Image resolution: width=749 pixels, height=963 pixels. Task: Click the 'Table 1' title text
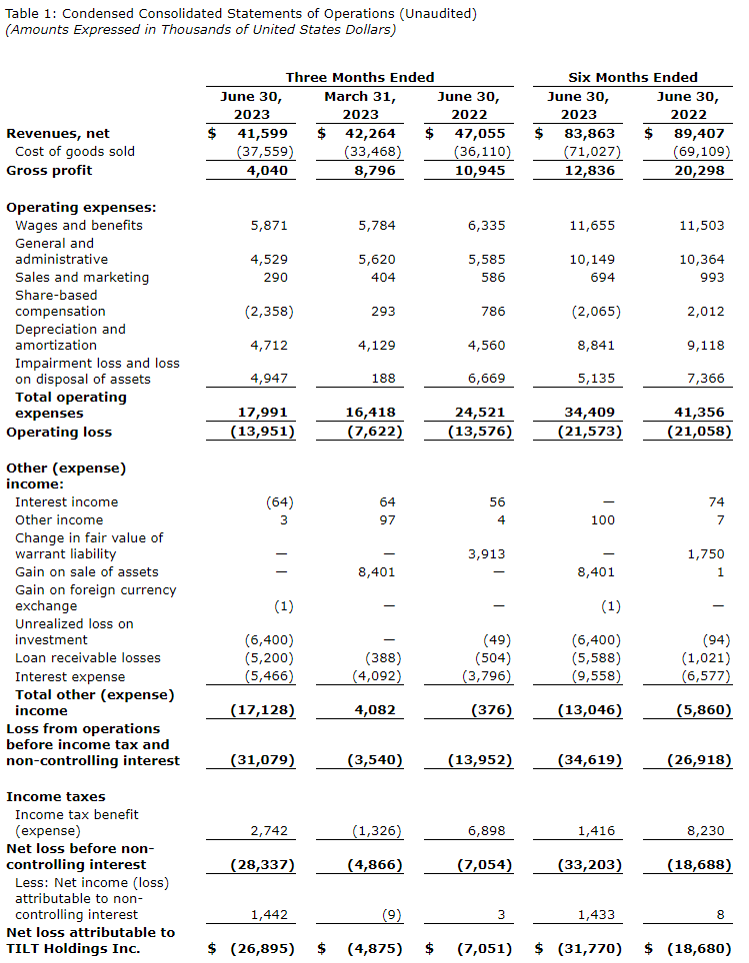pos(241,13)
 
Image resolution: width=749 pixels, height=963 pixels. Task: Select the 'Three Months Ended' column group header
pos(360,77)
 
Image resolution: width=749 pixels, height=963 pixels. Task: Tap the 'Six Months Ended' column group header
pos(633,77)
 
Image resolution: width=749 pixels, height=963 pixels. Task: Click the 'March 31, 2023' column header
pos(360,106)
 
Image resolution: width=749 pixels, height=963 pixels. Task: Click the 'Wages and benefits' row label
pos(79,225)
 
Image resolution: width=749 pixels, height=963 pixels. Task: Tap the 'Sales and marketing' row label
pos(82,277)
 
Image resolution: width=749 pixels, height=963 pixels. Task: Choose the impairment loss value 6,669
pos(486,379)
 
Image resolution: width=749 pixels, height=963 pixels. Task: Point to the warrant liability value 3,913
pos(486,553)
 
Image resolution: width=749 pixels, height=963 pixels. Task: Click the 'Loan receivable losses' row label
pos(89,657)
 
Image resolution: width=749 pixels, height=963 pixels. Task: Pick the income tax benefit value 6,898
pos(486,830)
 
